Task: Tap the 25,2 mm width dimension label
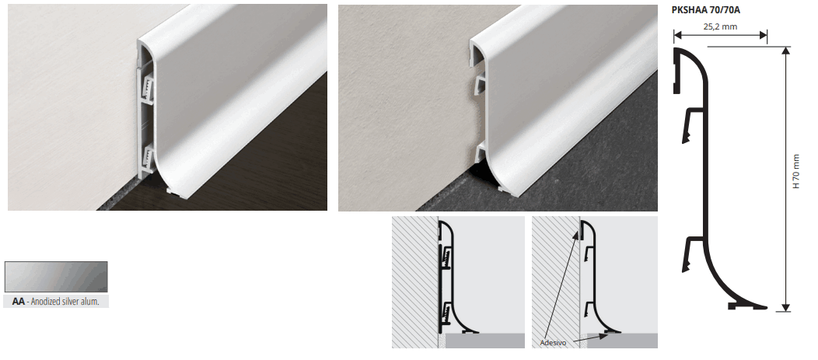point(721,26)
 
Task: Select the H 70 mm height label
point(795,170)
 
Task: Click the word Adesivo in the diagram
point(553,343)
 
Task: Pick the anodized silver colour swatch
point(56,277)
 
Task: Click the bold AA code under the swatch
point(18,302)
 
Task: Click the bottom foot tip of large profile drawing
point(764,307)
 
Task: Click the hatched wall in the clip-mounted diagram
point(415,282)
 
